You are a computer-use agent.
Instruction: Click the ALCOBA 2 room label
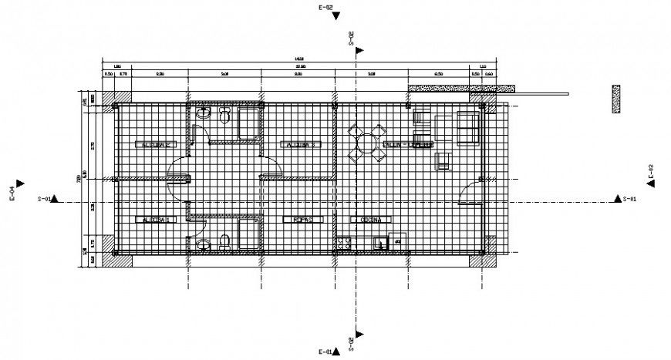[157, 144]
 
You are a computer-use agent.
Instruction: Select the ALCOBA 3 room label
[298, 144]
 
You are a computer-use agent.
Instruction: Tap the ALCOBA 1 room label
[157, 220]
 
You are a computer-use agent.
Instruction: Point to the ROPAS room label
[302, 220]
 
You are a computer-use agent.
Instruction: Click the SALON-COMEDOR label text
[409, 144]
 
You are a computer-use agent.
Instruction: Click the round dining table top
[366, 143]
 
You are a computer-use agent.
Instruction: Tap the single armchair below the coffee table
[443, 161]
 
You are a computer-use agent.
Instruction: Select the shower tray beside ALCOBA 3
[249, 123]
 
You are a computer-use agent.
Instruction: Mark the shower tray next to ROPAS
[248, 234]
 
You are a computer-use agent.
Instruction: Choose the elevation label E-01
[325, 352]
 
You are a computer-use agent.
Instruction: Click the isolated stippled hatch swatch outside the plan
[616, 99]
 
